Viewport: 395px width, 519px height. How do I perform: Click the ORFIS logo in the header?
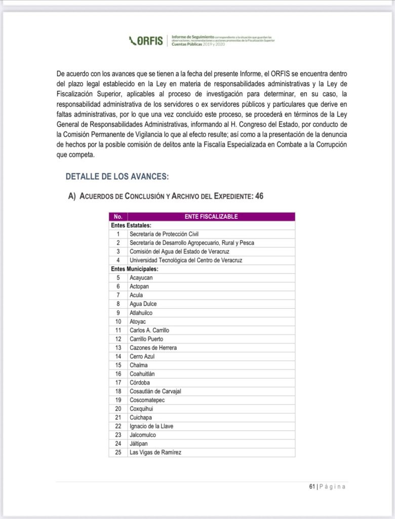pyautogui.click(x=146, y=41)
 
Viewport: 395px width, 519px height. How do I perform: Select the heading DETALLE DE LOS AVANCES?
pyautogui.click(x=117, y=176)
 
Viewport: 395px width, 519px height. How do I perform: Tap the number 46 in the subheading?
pyautogui.click(x=259, y=196)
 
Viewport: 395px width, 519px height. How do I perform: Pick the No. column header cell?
pyautogui.click(x=118, y=216)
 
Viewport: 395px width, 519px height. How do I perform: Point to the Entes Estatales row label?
pyautogui.click(x=132, y=225)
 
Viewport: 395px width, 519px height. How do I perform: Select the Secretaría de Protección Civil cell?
pyautogui.click(x=164, y=234)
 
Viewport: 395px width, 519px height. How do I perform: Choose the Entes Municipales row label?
pyautogui.click(x=135, y=269)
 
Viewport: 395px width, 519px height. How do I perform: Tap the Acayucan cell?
pyautogui.click(x=141, y=278)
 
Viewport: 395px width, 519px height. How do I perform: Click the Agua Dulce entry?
pyautogui.click(x=143, y=304)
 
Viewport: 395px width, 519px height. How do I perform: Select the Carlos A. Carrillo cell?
pyautogui.click(x=149, y=330)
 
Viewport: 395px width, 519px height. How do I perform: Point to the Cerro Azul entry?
pyautogui.click(x=142, y=356)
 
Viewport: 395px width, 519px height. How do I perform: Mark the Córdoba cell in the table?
pyautogui.click(x=140, y=383)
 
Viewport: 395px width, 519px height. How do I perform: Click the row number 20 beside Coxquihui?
pyautogui.click(x=118, y=409)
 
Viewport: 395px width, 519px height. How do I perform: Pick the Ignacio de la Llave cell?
pyautogui.click(x=151, y=426)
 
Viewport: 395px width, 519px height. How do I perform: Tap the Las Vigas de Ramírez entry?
pyautogui.click(x=155, y=452)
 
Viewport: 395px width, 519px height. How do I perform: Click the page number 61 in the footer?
pyautogui.click(x=312, y=487)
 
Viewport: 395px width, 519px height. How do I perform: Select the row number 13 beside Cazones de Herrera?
pyautogui.click(x=118, y=348)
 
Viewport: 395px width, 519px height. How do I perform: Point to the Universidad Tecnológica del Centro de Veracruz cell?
pyautogui.click(x=186, y=260)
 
